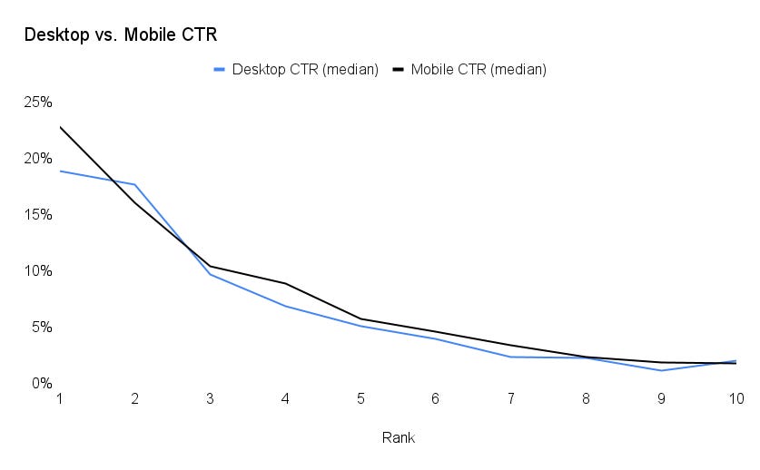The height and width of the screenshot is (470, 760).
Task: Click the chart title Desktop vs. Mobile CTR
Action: coord(120,35)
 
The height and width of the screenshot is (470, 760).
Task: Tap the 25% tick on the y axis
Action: coord(37,102)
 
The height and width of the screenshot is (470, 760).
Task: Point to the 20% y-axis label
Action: coord(37,158)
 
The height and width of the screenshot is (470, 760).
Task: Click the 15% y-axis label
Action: coord(37,214)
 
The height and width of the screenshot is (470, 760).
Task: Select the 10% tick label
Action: coord(37,270)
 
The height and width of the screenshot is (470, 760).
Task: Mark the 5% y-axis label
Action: coord(41,327)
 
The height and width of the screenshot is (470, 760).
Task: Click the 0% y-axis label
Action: coord(41,383)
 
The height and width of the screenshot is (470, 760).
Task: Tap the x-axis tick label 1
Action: coord(60,398)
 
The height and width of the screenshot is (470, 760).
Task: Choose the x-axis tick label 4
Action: coord(285,398)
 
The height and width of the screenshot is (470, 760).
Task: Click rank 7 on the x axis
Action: coord(510,398)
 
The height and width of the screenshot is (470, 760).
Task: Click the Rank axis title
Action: coord(398,437)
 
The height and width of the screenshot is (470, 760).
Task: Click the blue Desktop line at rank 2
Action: coord(135,185)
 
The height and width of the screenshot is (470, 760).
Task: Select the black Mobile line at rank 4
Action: coord(285,284)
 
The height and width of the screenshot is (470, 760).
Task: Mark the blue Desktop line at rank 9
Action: coord(661,370)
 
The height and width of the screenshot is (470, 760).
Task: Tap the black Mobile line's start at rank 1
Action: coord(61,127)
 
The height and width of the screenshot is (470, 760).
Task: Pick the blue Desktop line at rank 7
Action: coord(510,357)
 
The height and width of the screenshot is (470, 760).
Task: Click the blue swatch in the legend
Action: coord(219,69)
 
